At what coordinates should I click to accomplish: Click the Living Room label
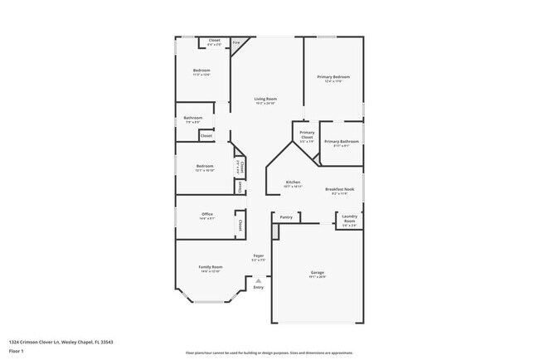(x=265, y=99)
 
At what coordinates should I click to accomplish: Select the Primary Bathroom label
(x=340, y=141)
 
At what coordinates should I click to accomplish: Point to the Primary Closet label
(x=307, y=133)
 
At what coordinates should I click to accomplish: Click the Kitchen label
(x=294, y=182)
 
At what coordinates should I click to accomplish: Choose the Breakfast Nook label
(x=341, y=189)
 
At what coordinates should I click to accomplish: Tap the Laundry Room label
(x=349, y=218)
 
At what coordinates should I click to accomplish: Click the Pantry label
(x=286, y=217)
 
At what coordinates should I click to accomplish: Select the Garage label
(x=317, y=272)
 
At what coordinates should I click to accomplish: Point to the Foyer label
(x=259, y=256)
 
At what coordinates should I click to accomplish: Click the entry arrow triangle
(x=259, y=281)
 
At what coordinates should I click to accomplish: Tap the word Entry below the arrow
(x=259, y=288)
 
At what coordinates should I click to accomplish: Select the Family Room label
(x=211, y=267)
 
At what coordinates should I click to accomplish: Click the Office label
(x=207, y=214)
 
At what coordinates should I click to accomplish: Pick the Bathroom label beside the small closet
(x=193, y=118)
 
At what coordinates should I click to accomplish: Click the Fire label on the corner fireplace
(x=236, y=42)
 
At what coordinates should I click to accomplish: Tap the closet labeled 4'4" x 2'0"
(x=214, y=41)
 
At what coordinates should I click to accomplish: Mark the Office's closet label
(x=240, y=224)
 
